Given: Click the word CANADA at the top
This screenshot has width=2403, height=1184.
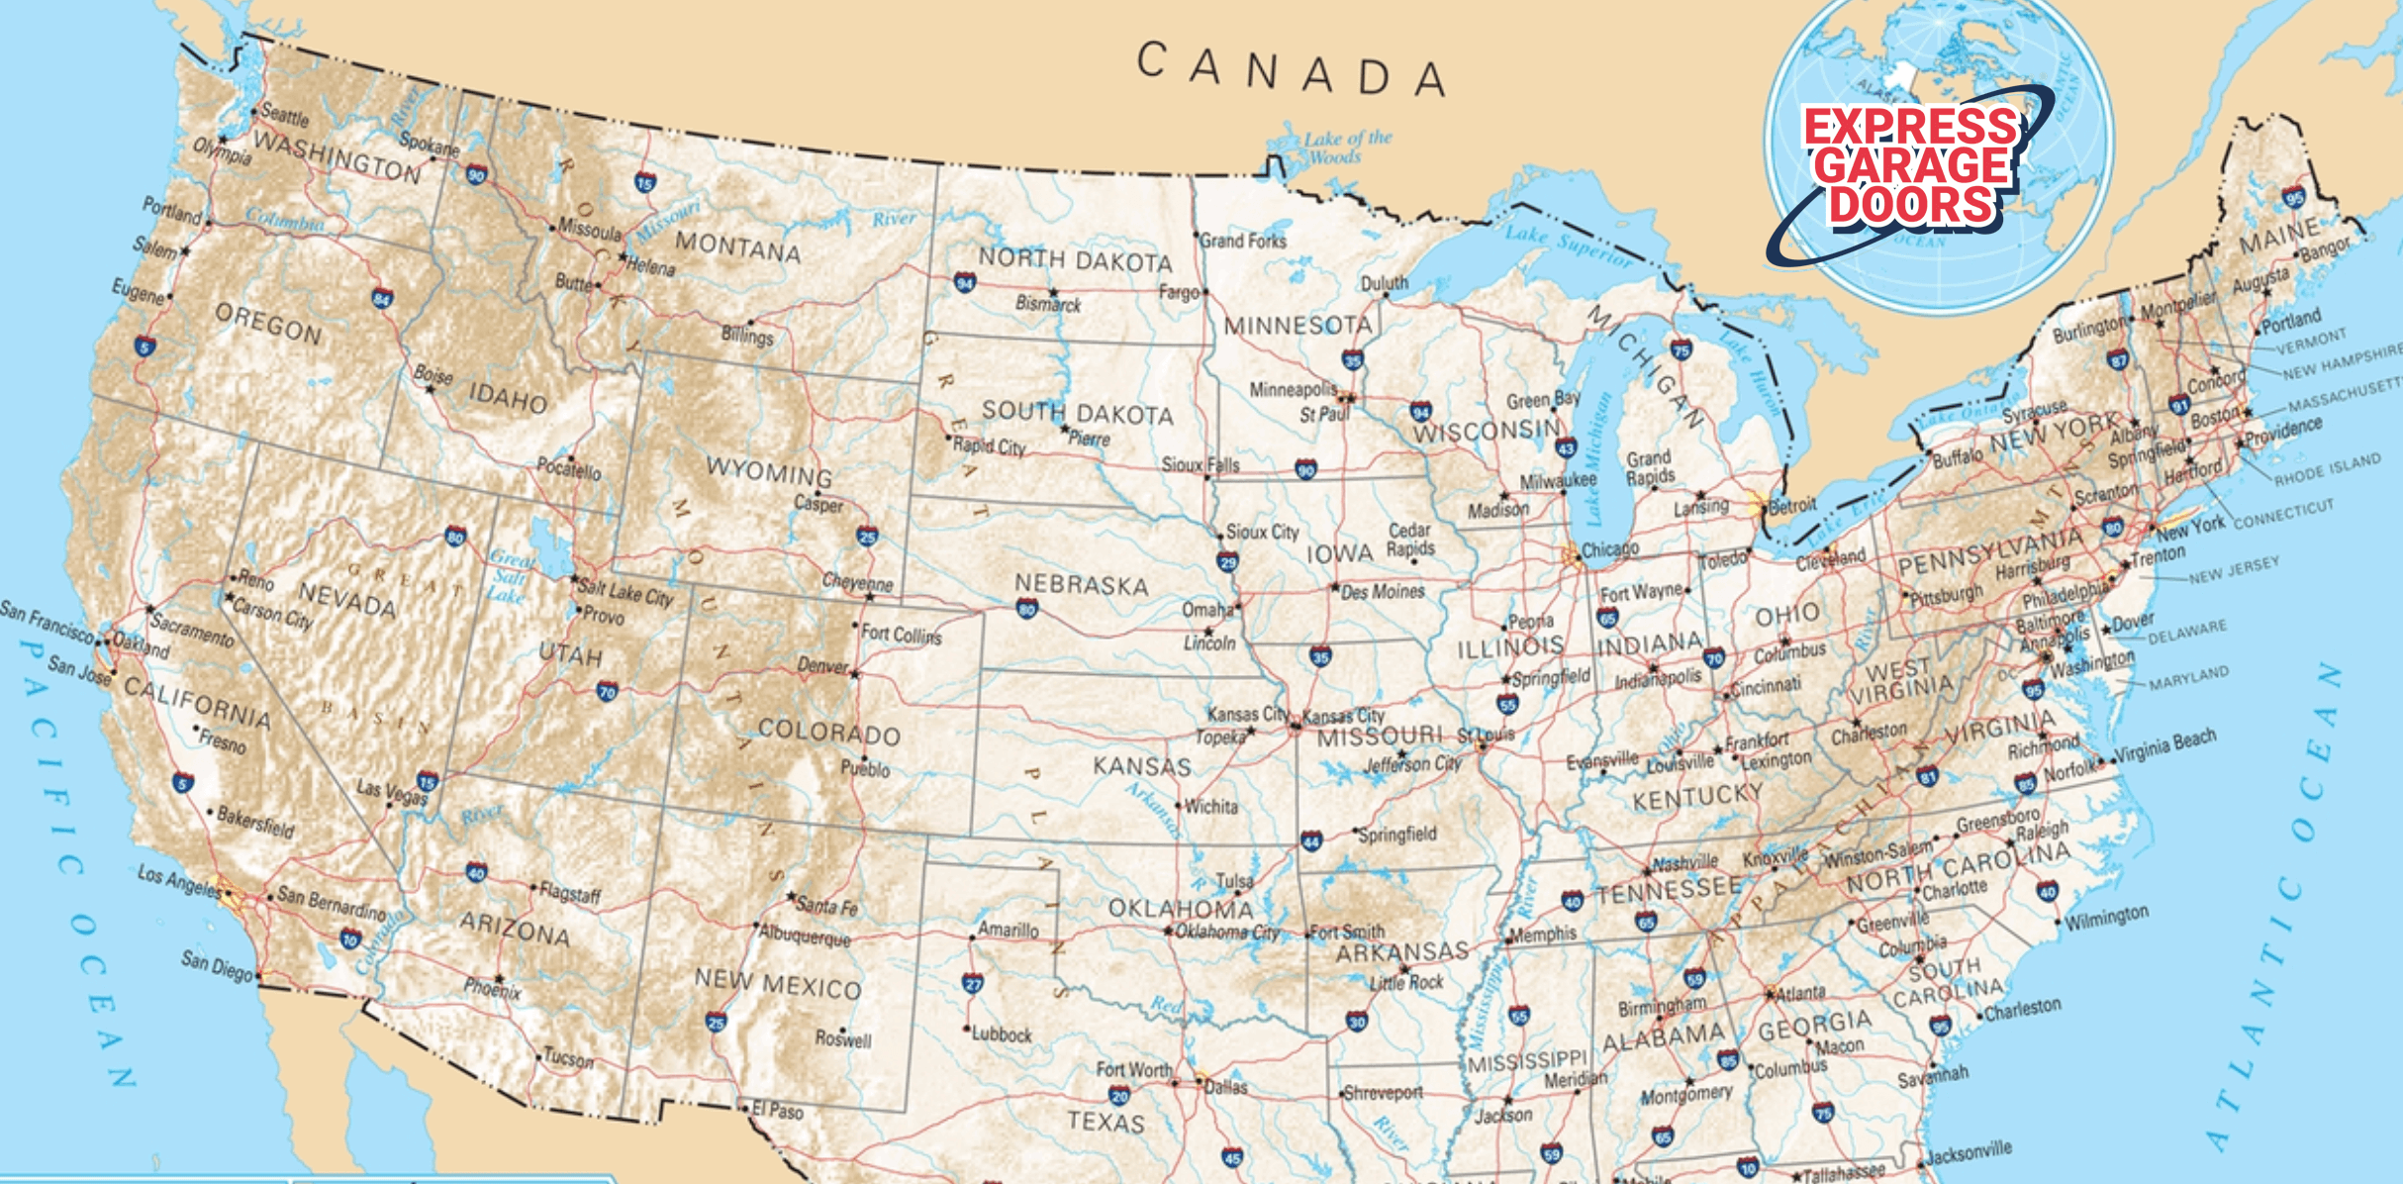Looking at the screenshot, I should coord(1291,69).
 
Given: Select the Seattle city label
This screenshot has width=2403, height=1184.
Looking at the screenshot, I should coord(285,116).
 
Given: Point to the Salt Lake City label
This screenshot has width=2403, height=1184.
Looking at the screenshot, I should coord(625,592).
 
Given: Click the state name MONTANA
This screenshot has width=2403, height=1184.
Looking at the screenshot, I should coord(737,247).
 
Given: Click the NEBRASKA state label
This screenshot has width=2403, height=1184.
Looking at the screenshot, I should coord(1082,584).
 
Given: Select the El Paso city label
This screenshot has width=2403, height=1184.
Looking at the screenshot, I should coord(778,1111).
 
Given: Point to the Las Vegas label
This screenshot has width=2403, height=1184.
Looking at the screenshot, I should coord(392,791).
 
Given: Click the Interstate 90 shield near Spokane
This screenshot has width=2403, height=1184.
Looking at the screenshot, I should coord(476,175).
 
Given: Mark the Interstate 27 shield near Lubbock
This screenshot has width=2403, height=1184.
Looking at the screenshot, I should coord(972,983).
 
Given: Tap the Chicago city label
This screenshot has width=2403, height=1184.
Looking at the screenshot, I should coord(1609,548).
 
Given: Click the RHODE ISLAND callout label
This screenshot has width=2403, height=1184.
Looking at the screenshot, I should coord(2326,469).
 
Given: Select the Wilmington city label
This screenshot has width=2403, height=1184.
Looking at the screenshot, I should coord(2106,917).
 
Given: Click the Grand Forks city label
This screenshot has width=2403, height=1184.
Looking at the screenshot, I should coord(1243,241).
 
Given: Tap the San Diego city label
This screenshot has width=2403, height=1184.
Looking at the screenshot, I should coord(217,965).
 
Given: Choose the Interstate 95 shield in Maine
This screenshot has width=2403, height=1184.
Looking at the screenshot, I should coord(2294,197).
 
